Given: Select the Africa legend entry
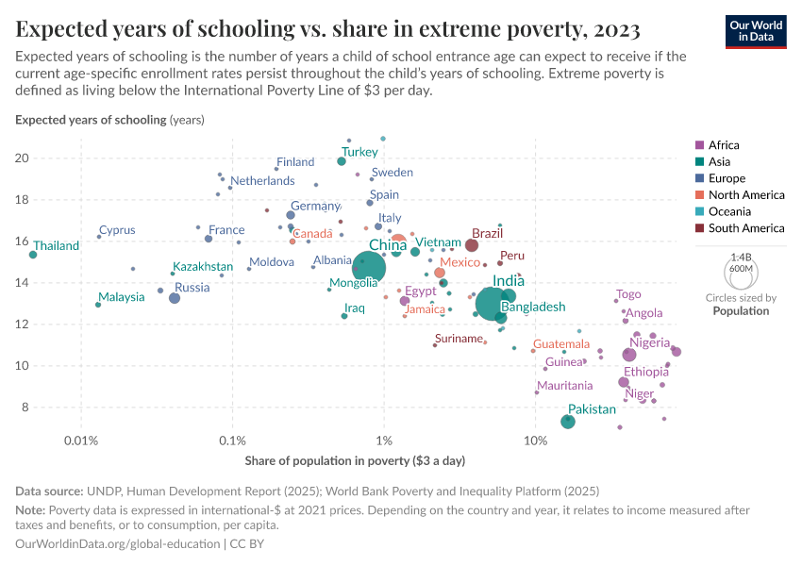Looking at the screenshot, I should [724, 145].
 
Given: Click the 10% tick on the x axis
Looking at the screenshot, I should [535, 441].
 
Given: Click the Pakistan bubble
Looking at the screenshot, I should [568, 421].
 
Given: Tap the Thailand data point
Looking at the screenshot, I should [33, 255].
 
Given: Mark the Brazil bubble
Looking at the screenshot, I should [472, 245].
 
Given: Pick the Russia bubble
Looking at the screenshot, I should [175, 298].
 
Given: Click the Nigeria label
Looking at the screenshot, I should [650, 343].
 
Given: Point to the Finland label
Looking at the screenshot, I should [295, 162].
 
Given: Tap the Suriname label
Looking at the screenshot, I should [459, 339].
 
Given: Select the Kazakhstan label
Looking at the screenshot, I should [202, 268].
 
